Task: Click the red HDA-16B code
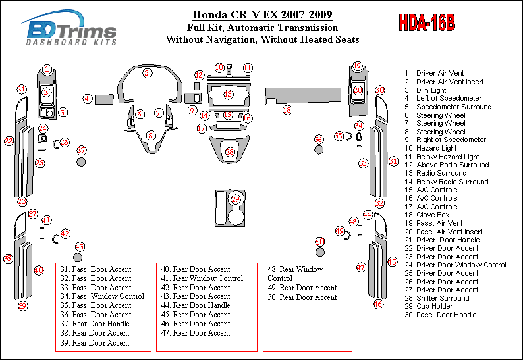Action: tap(426, 23)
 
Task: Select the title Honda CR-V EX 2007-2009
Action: tap(262, 15)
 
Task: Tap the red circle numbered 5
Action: tap(147, 73)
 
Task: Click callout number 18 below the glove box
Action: tap(287, 110)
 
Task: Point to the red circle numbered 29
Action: tap(236, 199)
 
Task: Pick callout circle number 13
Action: tap(228, 95)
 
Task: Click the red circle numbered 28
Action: tap(230, 152)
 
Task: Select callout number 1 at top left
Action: tap(47, 69)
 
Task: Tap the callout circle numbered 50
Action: tap(320, 242)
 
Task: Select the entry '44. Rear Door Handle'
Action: tap(196, 305)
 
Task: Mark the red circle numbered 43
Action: tap(79, 246)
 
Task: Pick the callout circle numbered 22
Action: tap(9, 140)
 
